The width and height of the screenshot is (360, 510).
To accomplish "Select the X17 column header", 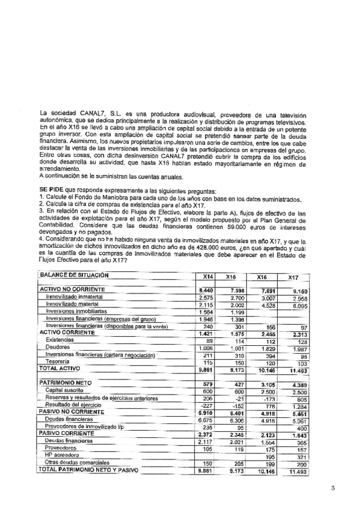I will [293, 277].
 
